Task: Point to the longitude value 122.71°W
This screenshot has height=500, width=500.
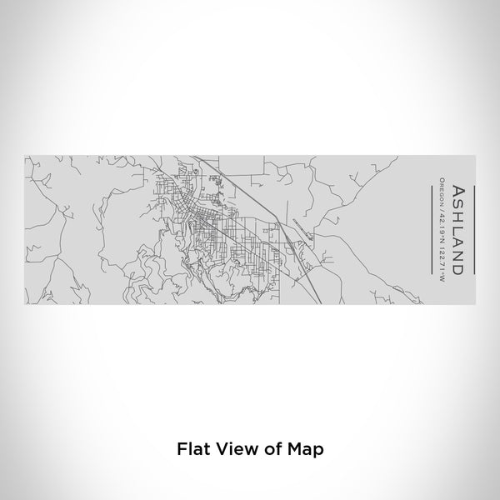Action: pyautogui.click(x=442, y=257)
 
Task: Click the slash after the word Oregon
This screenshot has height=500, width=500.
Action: pyautogui.click(x=442, y=207)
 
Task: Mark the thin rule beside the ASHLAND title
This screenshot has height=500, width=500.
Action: pyautogui.click(x=474, y=229)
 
